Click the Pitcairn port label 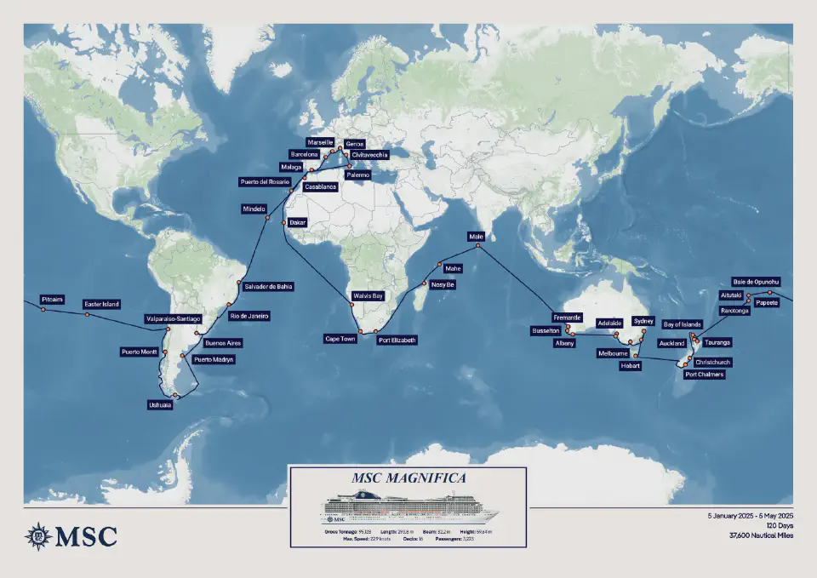point(52,300)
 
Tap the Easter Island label point(101,304)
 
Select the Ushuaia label point(159,405)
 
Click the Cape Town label point(340,339)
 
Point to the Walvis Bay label point(367,296)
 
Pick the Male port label point(476,236)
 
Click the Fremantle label point(567,317)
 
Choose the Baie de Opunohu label point(757,282)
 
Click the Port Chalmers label point(705,374)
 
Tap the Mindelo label point(255,209)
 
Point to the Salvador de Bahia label point(268,287)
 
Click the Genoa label point(355,145)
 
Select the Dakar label point(298,222)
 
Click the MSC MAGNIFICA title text point(408,478)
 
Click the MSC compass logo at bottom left point(38,535)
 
